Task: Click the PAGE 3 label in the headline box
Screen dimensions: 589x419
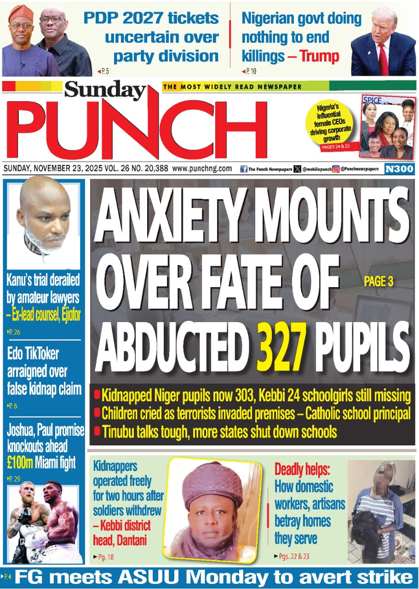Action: (x=379, y=282)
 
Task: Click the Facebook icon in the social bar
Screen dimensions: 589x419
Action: (x=244, y=169)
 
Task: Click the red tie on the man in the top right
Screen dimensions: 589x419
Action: (x=383, y=60)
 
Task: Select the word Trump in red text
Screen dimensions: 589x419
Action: (x=319, y=57)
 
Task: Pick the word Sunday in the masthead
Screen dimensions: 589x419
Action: (x=105, y=90)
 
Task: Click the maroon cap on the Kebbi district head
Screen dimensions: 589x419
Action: (x=212, y=483)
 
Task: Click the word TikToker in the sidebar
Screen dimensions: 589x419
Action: (x=40, y=354)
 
